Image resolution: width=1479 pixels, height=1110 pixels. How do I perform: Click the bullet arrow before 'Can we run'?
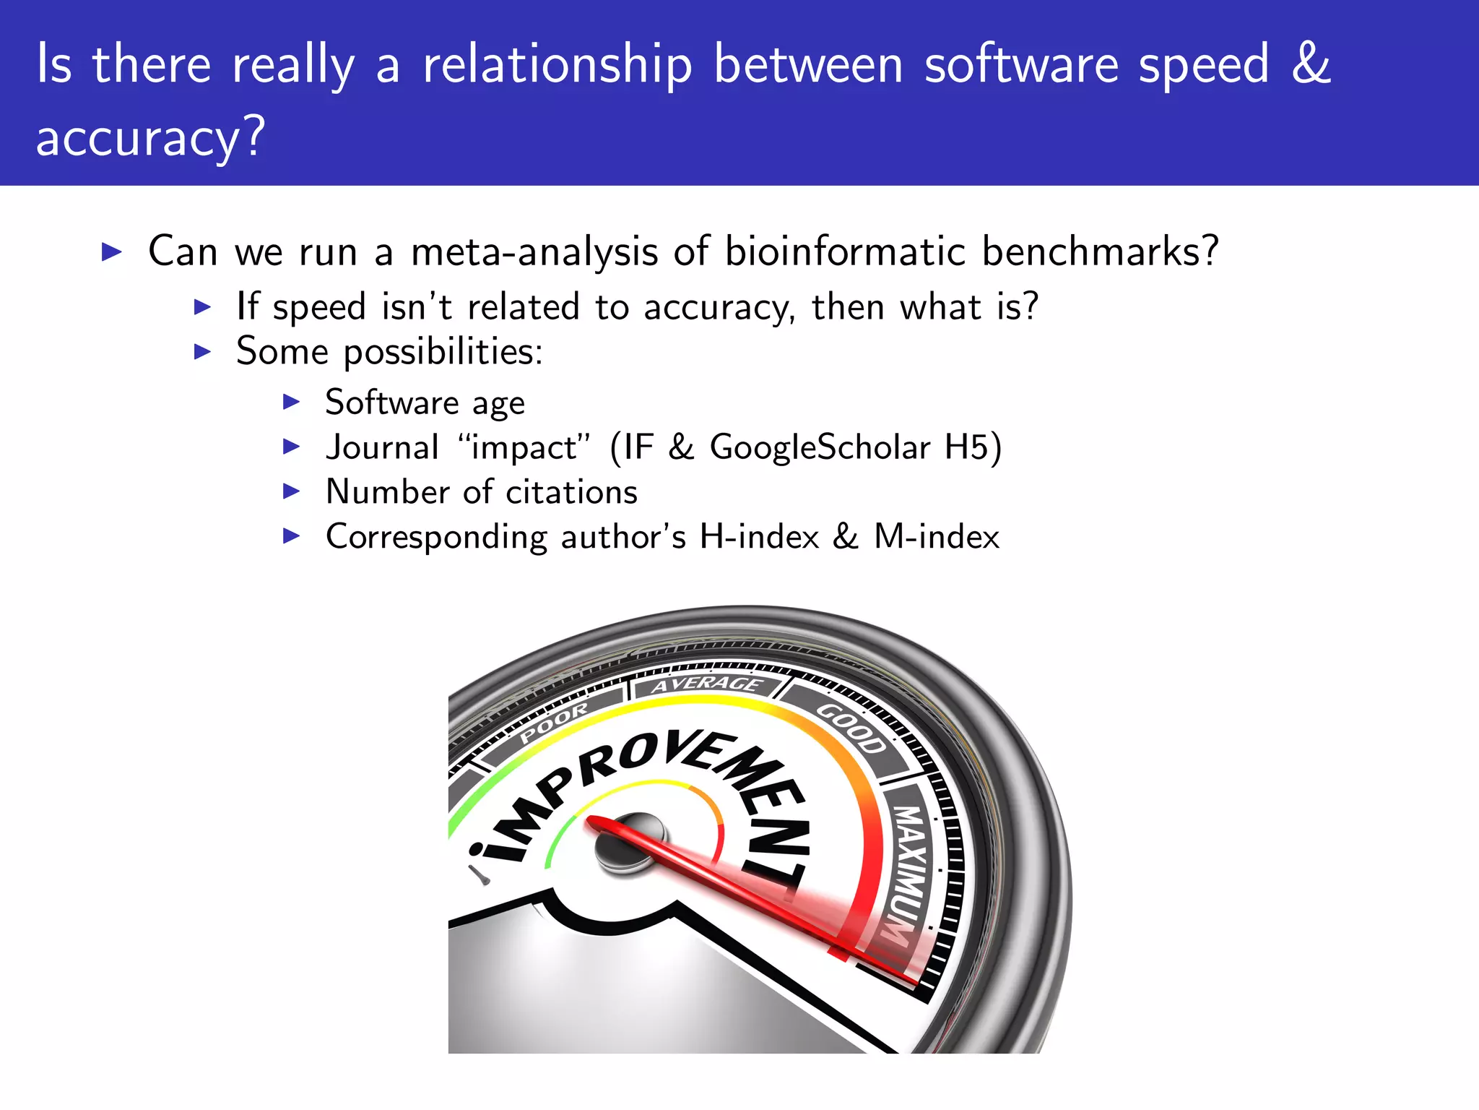[112, 252]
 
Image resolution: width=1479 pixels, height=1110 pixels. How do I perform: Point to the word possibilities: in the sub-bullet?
[443, 353]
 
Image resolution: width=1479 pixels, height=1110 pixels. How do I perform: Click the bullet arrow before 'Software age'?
[291, 402]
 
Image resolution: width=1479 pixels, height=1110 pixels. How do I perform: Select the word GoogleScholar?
[820, 447]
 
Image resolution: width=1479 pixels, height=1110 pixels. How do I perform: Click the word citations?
[571, 492]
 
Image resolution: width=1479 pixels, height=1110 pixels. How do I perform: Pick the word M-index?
[936, 537]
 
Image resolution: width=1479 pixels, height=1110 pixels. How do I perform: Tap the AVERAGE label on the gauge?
[706, 684]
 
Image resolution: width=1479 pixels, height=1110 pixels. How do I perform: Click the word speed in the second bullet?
[318, 308]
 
